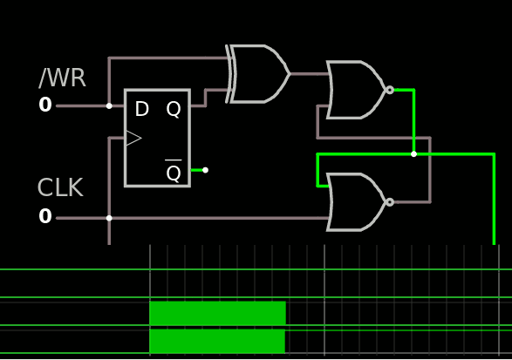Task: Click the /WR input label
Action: tap(62, 78)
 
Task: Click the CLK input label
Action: tap(60, 187)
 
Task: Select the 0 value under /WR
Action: tap(45, 105)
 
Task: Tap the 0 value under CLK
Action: tap(45, 216)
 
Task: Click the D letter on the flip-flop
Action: tap(141, 109)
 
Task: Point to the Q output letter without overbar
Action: tap(174, 109)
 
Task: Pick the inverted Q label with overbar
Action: tap(174, 171)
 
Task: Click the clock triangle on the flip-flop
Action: tap(133, 138)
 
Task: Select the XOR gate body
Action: tap(257, 74)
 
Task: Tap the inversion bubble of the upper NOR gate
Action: tap(390, 90)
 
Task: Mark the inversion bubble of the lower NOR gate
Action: tap(390, 202)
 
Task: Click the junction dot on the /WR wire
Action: tap(109, 105)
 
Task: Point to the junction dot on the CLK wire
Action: tap(109, 218)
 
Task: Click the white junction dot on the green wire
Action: tap(413, 154)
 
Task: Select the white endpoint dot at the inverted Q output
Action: tap(205, 170)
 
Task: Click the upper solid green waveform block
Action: tap(217, 313)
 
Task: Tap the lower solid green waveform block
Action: tap(217, 341)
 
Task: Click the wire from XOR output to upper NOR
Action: tap(310, 74)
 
